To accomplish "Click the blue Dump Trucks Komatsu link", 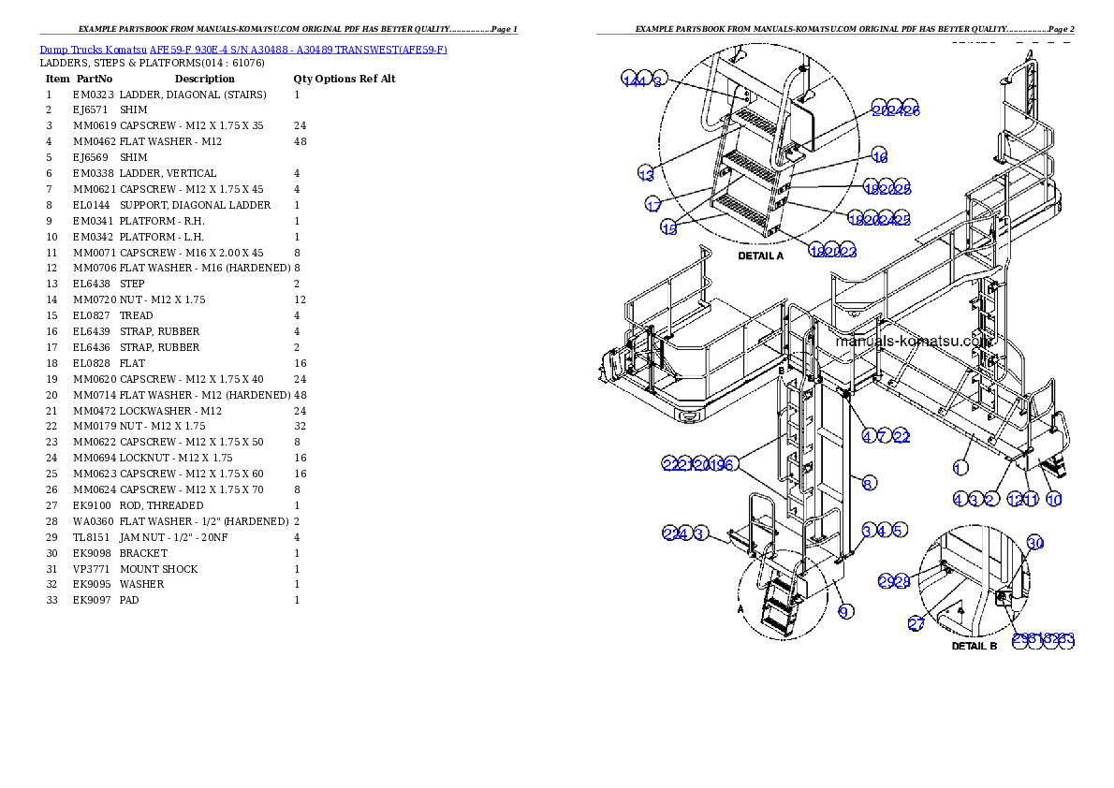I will click(x=243, y=50).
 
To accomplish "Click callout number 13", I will click(x=646, y=174).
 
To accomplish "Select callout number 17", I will click(x=653, y=205).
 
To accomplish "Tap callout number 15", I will click(x=669, y=229).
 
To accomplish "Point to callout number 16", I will click(x=879, y=156).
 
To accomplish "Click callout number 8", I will click(x=869, y=484).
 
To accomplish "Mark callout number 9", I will click(x=844, y=612).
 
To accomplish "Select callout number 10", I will click(x=1054, y=500).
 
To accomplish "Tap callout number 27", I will click(x=916, y=624).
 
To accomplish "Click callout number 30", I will click(x=1034, y=543).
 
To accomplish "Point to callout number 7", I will click(x=883, y=436).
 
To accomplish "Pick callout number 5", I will click(x=898, y=531).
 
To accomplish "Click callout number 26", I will click(x=911, y=109).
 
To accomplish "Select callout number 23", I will click(x=848, y=252).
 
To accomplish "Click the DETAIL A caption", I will click(x=760, y=255).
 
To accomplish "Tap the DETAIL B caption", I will click(x=975, y=646).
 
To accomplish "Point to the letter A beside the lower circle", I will click(x=741, y=607).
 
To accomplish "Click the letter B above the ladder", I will click(x=781, y=371).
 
